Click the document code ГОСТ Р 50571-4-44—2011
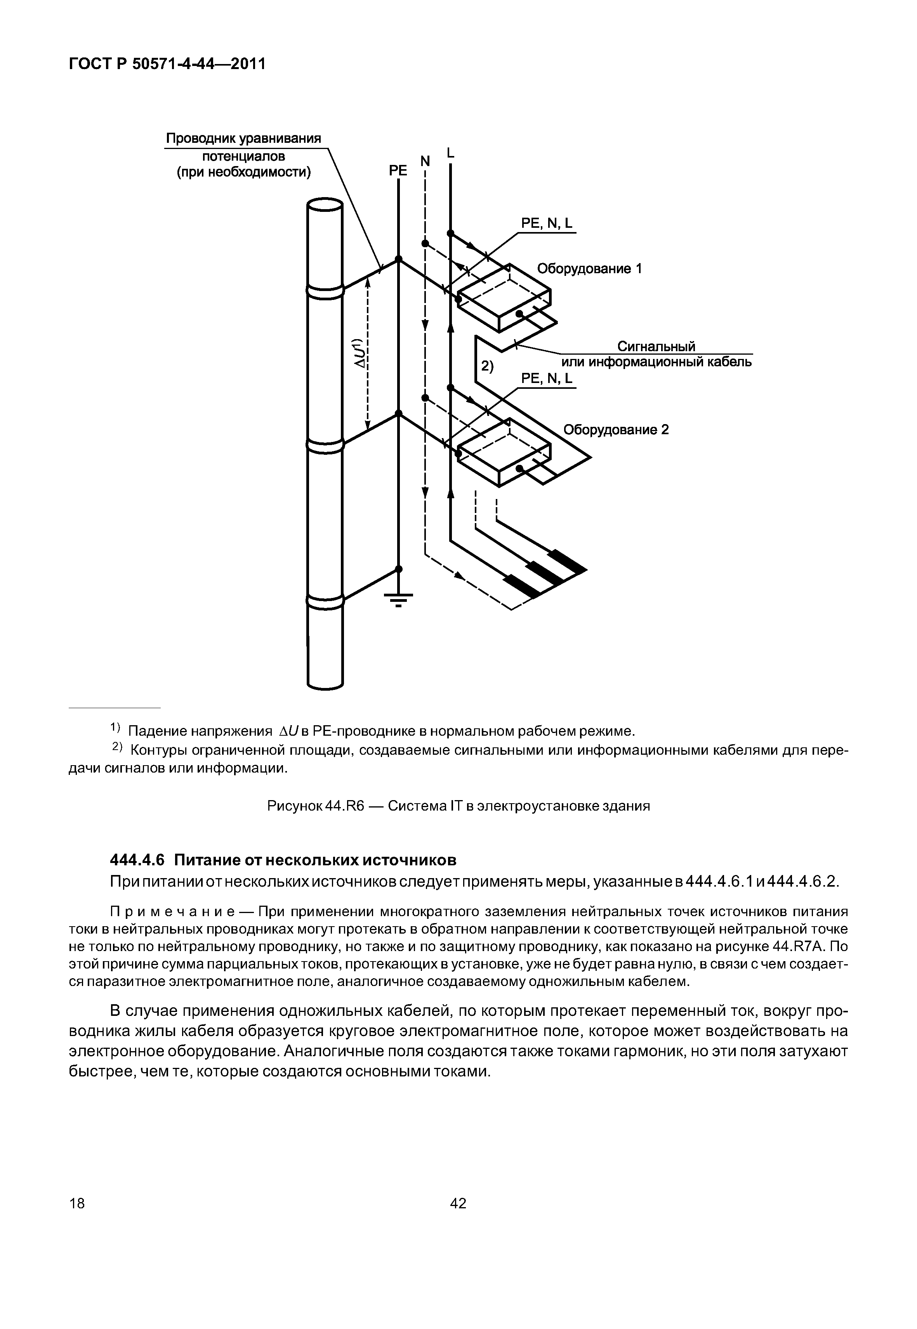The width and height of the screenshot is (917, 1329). coord(167,64)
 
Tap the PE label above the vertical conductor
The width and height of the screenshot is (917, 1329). coord(398,171)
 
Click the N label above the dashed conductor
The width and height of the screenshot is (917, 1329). coord(425,161)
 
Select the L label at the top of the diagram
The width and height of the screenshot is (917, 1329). coord(450,153)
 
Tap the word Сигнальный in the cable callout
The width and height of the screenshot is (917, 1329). coord(656,347)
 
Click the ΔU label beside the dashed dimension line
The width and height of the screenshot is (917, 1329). coord(359,353)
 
